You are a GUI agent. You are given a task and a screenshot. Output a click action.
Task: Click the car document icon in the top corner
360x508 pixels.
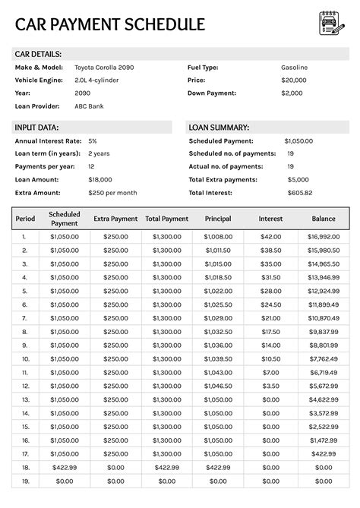tap(330, 24)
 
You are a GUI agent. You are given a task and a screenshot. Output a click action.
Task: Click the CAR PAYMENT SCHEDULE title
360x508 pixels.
tap(109, 24)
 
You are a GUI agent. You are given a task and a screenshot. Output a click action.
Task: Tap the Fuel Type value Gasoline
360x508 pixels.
tap(294, 68)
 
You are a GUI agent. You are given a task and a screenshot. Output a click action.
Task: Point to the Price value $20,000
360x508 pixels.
tap(293, 80)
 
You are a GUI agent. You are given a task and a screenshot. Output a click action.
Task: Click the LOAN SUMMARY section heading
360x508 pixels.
tap(219, 128)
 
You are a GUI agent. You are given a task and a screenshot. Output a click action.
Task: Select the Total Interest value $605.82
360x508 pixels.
tap(298, 193)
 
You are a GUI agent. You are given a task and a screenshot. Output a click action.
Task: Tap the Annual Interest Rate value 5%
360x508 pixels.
tap(93, 141)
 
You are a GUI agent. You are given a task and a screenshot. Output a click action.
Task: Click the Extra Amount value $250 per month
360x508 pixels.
tap(112, 193)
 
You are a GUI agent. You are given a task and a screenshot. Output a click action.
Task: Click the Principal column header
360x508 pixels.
tap(218, 219)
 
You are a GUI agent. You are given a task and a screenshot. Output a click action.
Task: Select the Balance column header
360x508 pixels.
tap(324, 219)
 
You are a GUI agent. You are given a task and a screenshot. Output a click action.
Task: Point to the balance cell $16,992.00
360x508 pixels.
tap(324, 237)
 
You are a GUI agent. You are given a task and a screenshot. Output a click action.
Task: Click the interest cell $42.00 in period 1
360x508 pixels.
tap(270, 237)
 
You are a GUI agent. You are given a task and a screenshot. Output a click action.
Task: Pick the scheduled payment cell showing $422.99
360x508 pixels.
tap(64, 467)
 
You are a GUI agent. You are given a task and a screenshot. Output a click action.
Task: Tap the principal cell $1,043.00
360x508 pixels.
tap(218, 373)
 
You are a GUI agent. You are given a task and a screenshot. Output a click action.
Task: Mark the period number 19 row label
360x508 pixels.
tap(25, 481)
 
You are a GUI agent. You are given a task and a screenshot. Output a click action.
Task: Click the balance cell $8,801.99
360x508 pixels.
tap(324, 345)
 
